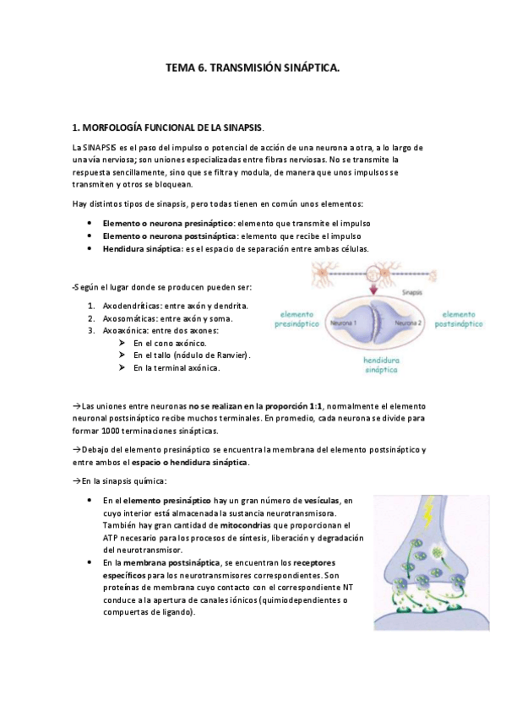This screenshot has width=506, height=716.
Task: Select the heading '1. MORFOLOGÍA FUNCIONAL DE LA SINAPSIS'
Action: click(x=169, y=127)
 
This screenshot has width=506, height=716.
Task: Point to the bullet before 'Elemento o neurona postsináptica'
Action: click(x=90, y=236)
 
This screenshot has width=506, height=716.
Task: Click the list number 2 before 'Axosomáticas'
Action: click(x=90, y=318)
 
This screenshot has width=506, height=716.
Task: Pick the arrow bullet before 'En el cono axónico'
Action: click(x=123, y=343)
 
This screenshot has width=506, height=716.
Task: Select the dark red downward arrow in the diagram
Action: click(x=373, y=290)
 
